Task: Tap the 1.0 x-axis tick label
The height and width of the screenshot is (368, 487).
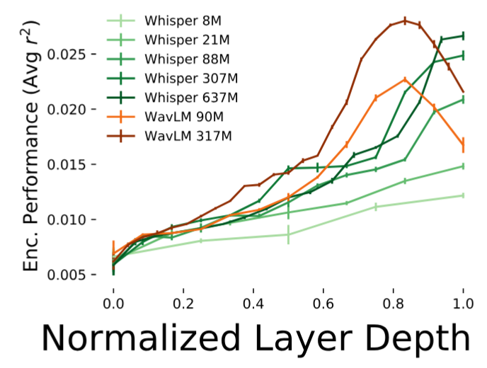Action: (x=463, y=303)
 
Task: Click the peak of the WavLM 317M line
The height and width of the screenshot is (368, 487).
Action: (x=405, y=21)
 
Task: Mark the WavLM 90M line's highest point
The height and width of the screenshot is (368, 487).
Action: (x=405, y=79)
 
